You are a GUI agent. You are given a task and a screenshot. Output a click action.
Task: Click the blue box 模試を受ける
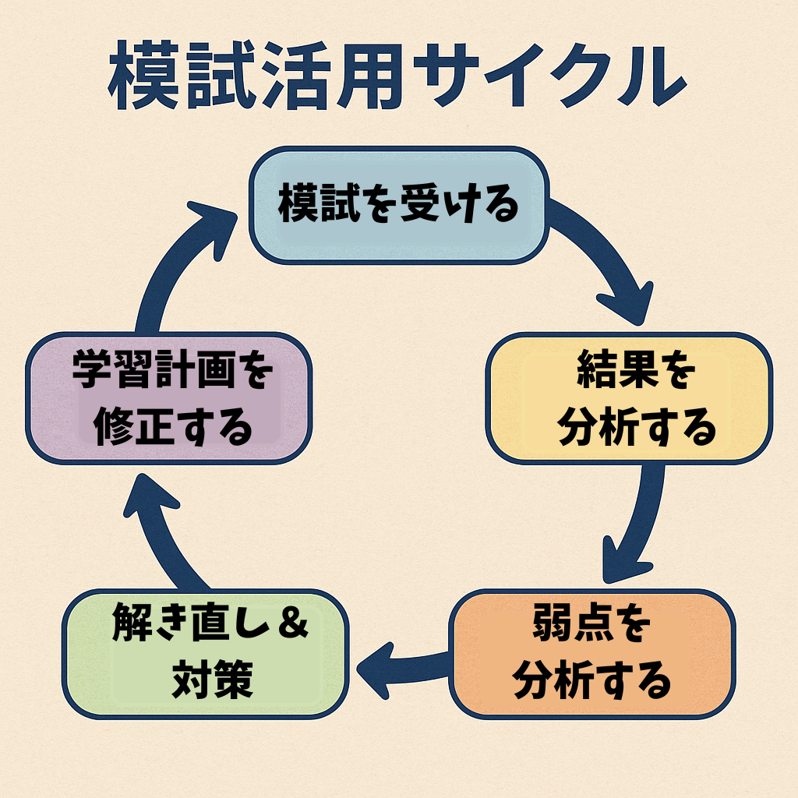pyautogui.click(x=398, y=206)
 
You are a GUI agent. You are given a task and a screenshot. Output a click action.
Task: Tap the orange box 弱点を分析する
pyautogui.click(x=592, y=653)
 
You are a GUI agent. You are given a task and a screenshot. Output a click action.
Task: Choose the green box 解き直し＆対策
pyautogui.click(x=204, y=653)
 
